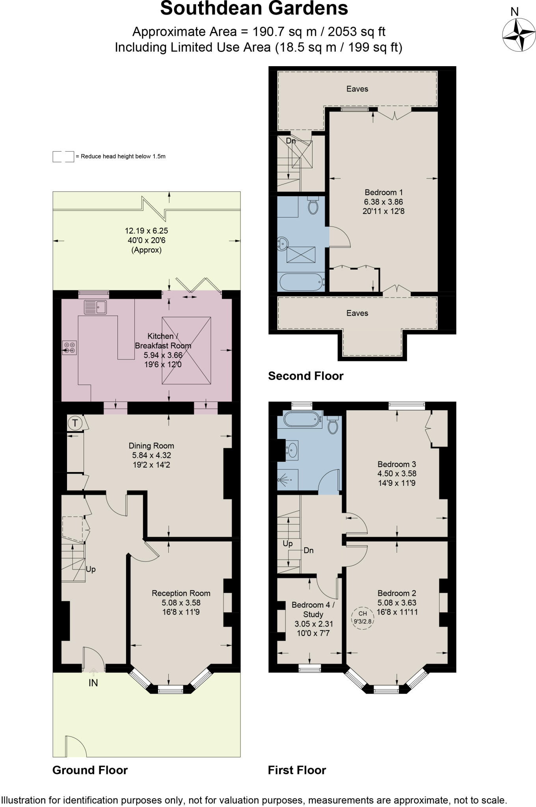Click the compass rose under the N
519,35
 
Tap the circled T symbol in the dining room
75,423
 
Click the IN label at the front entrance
93,683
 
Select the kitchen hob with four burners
69,348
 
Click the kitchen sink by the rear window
95,307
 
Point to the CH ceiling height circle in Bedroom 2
363,617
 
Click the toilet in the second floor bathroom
313,206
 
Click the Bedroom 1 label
383,192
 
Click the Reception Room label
181,593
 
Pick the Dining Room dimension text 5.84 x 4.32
151,455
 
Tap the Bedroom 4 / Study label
313,610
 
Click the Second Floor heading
305,376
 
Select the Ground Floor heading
90,770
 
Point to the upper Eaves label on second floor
357,89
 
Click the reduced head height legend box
63,156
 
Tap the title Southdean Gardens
254,9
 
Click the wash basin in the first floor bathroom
292,449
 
